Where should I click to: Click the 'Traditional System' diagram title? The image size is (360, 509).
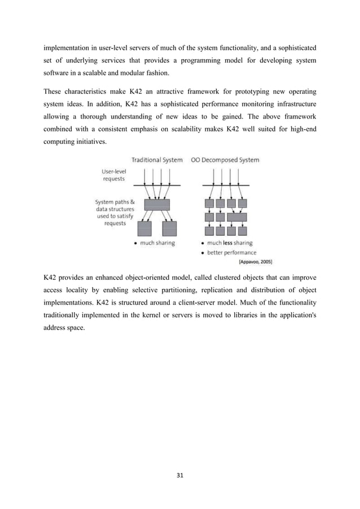pos(156,160)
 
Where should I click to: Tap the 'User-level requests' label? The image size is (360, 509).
pos(114,175)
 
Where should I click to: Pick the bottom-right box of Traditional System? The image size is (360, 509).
pos(169,229)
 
